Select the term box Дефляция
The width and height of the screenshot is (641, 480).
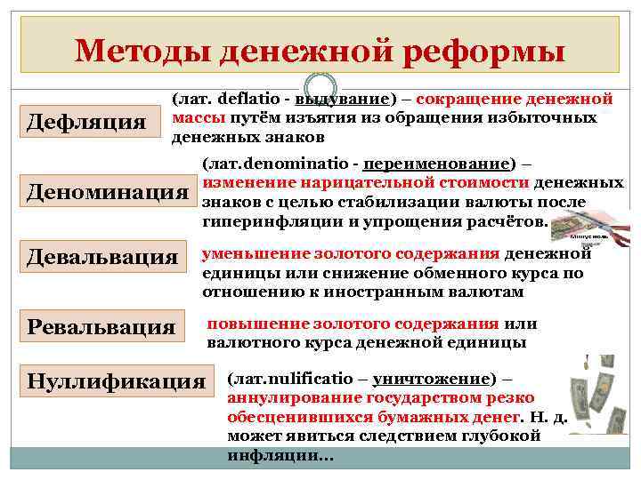tap(85, 121)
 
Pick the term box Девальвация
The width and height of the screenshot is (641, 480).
tap(102, 258)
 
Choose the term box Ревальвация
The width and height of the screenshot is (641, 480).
tap(101, 325)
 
